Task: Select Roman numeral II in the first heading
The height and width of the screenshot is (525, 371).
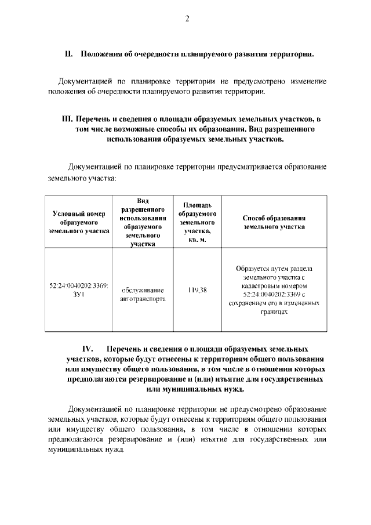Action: coord(68,55)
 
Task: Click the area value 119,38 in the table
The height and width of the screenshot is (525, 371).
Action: coord(197,290)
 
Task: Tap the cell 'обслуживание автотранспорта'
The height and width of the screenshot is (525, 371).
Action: coord(143,295)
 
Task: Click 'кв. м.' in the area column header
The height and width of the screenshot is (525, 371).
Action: coord(197,240)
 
